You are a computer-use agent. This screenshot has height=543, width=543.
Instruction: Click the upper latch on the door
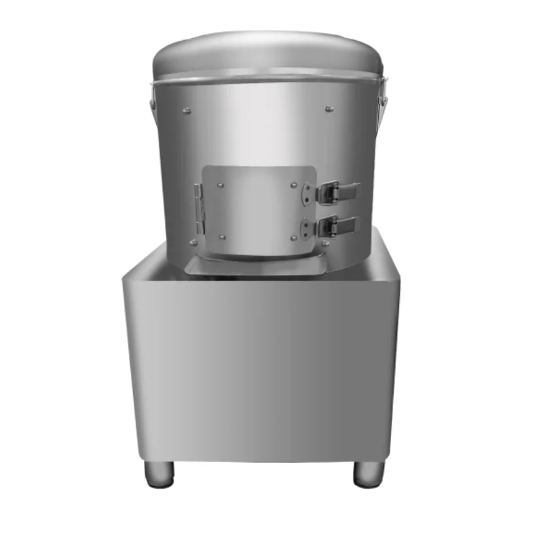(x=338, y=191)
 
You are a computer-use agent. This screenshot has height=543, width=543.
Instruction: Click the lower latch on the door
(x=338, y=225)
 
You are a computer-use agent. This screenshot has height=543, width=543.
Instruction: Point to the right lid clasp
(x=384, y=92)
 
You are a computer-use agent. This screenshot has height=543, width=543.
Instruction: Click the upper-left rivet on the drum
(x=188, y=108)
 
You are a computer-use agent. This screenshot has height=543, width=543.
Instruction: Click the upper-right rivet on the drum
(x=329, y=107)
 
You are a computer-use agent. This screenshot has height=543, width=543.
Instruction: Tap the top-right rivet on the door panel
(x=293, y=183)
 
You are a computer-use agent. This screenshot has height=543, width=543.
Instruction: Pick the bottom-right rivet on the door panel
(x=294, y=237)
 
